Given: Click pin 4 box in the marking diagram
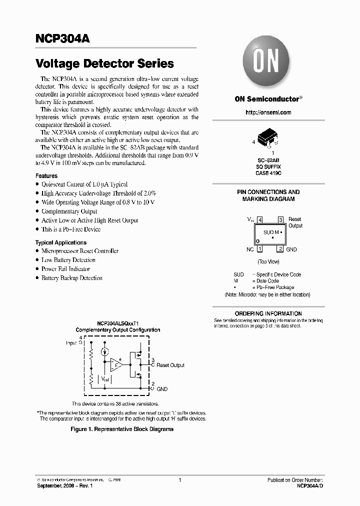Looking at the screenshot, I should pos(260,220).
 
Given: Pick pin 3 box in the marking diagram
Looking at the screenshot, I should pos(280,220).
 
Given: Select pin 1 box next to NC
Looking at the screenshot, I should pos(260,249).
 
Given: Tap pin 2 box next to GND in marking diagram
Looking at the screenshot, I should pos(280,249).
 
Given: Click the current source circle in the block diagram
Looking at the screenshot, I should pos(104,352).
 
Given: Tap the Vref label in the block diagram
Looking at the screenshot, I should pos(105,379).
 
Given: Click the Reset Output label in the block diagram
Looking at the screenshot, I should pos(170,365).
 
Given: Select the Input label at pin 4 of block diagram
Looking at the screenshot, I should pos(71,343).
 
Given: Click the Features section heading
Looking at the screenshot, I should pos(46,176).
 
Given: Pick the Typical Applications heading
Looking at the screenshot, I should pos(61,242).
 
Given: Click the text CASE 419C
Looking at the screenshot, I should pos(268,173).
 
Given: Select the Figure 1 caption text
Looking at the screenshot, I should pos(122,429).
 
